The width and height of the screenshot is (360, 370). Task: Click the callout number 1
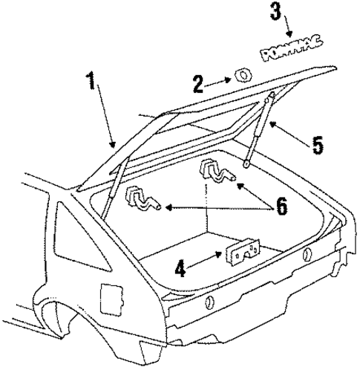point(92,81)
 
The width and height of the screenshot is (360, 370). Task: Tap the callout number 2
point(198,83)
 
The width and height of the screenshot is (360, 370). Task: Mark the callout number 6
point(281,206)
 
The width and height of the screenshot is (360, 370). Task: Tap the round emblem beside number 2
point(240,76)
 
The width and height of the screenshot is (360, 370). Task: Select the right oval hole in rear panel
point(305,256)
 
